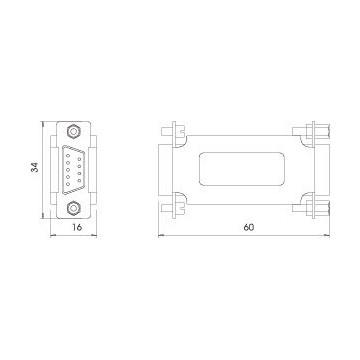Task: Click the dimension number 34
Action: (35, 167)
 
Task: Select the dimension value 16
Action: (77, 227)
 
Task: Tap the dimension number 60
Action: (248, 227)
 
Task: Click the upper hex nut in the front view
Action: (73, 131)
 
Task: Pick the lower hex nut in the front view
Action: (73, 209)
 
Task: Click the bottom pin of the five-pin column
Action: (68, 184)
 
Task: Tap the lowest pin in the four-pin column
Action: (79, 181)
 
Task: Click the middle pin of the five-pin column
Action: (68, 170)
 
